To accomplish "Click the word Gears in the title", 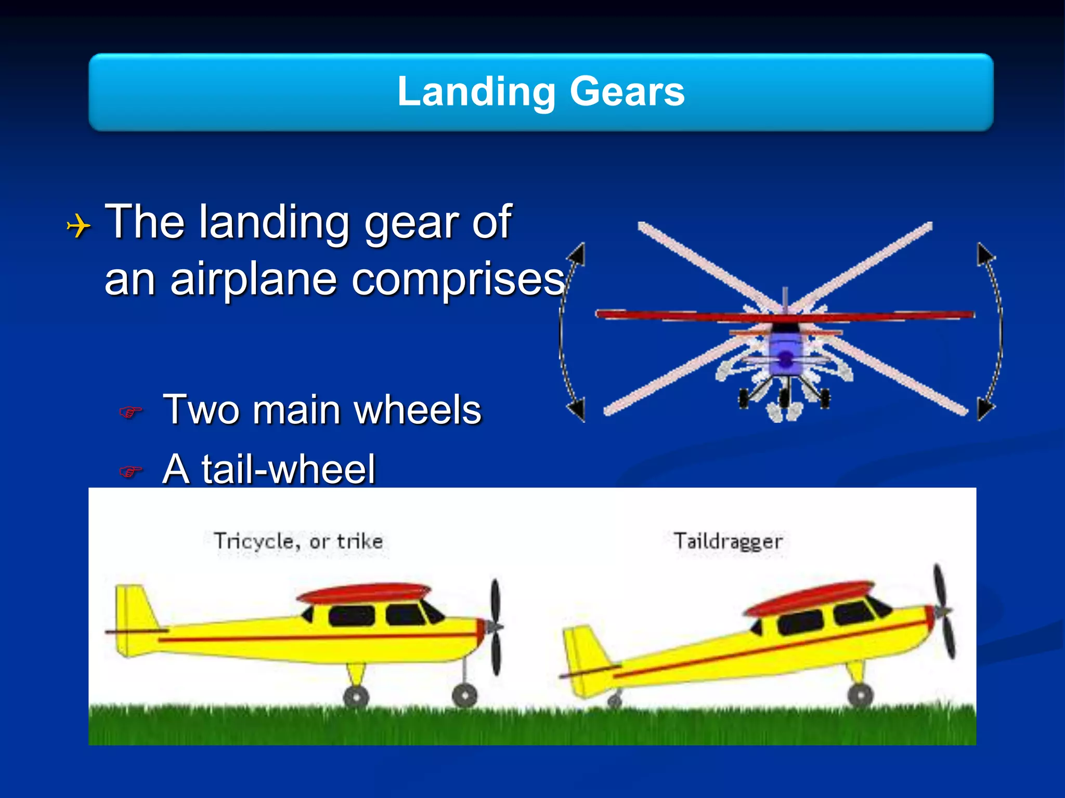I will [x=627, y=91].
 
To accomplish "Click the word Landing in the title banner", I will [x=476, y=91].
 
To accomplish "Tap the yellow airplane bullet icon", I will [x=79, y=227].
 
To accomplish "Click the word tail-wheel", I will [x=288, y=469].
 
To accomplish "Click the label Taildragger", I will [x=728, y=541].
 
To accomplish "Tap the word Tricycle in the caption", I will [x=254, y=541].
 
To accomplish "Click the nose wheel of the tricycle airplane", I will [x=464, y=695].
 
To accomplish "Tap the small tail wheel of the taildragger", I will [x=615, y=702].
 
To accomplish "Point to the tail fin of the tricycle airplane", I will [x=134, y=610].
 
